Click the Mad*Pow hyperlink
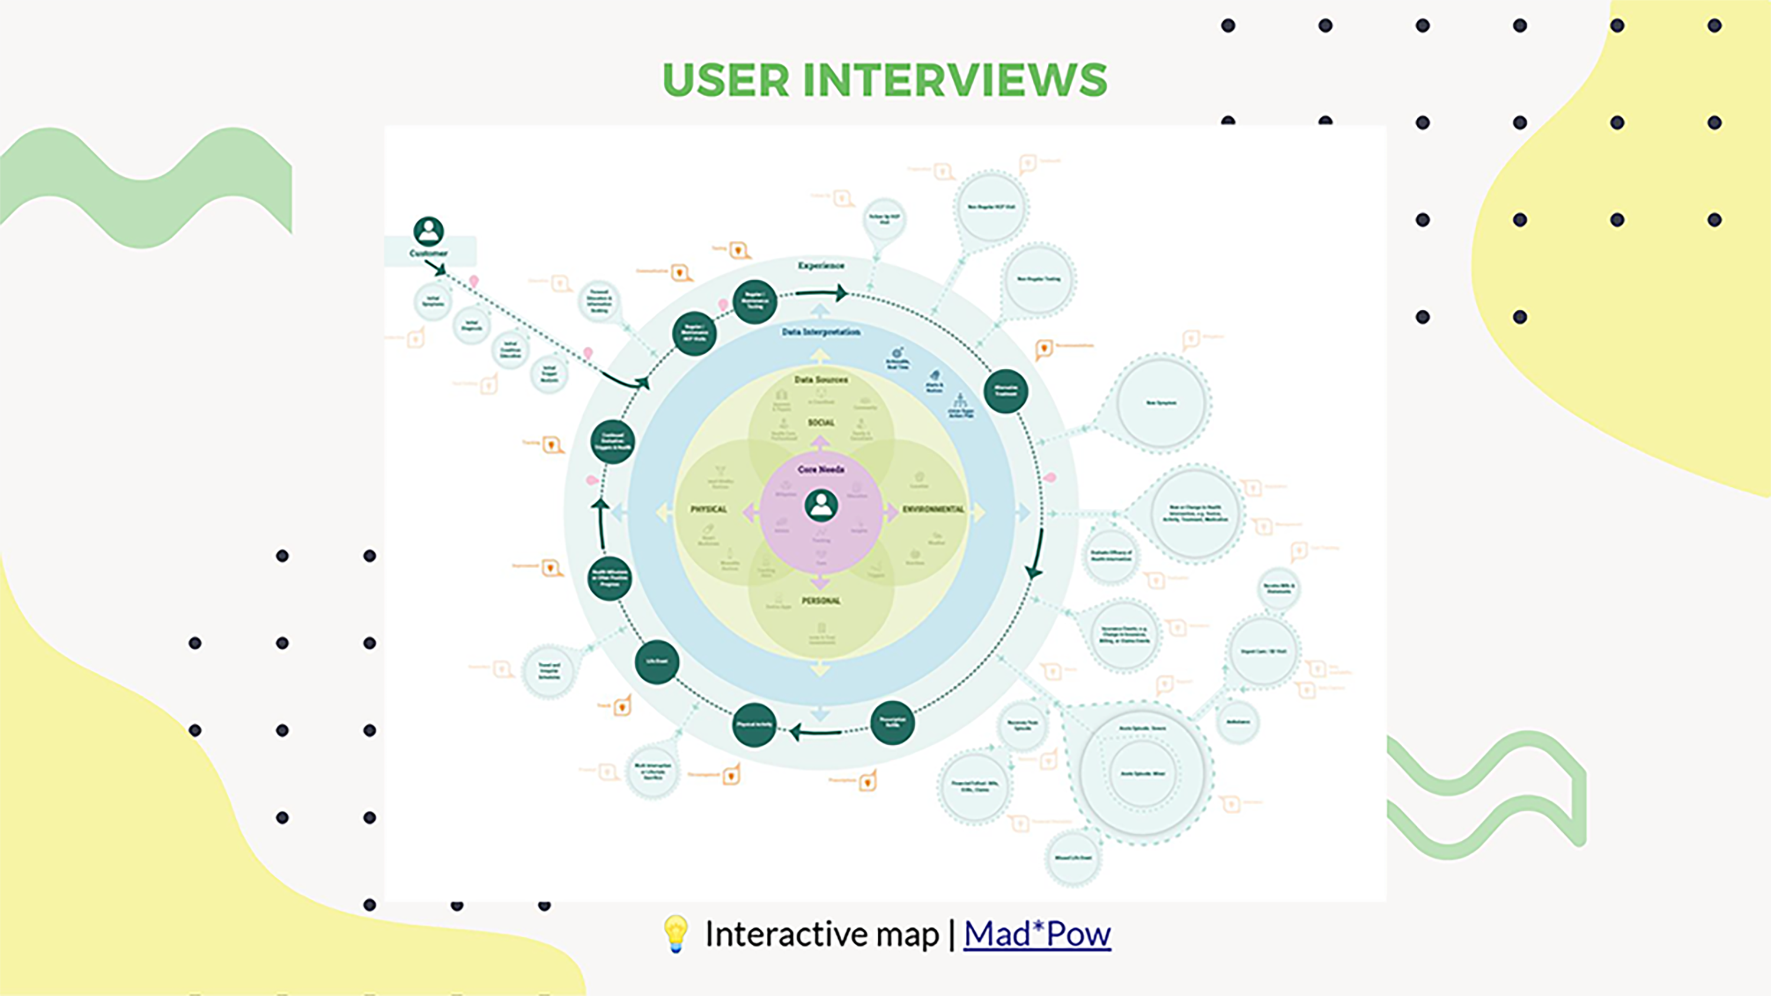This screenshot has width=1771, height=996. pos(1037,934)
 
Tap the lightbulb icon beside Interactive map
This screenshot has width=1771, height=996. pos(675,933)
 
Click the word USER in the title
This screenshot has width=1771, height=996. pos(726,80)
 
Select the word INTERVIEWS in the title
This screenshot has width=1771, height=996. pos(955,80)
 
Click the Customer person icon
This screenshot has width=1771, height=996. pos(429,232)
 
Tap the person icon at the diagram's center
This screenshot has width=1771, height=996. pos(821,506)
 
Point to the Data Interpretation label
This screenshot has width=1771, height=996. pos(821,332)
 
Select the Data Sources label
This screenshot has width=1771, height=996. pos(821,379)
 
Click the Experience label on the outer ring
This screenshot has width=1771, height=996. pos(821,266)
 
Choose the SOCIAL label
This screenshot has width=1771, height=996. pos(821,422)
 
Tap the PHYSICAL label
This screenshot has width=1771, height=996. pos(708,509)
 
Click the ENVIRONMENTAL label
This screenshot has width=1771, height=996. pos(933,509)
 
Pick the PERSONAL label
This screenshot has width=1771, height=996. pos(821,601)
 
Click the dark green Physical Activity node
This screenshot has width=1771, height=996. pos(754,725)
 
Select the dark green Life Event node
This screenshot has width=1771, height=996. pos(656,662)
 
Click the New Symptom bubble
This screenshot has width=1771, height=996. pos(1161,403)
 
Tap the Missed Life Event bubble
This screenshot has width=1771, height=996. pos(1073,858)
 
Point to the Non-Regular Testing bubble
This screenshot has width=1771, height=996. pos(1038,279)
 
